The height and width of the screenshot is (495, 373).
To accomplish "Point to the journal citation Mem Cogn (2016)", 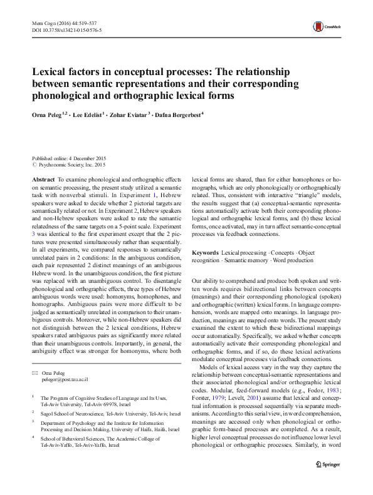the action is click(55, 21).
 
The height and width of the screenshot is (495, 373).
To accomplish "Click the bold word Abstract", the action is click(43, 179).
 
